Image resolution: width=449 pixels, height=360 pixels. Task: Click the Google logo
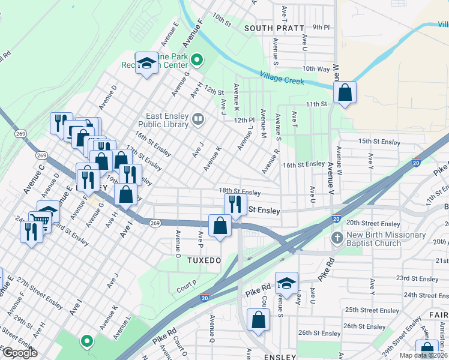(19, 353)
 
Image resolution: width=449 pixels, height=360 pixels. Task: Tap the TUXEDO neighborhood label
(204, 260)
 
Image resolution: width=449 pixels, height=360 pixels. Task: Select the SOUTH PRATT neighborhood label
(271, 28)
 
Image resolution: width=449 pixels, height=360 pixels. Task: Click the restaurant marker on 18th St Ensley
(235, 203)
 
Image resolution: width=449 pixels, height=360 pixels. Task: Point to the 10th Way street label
(316, 69)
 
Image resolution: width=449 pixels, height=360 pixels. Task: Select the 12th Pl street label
(245, 120)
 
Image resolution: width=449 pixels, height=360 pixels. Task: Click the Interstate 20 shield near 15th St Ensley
(417, 162)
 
